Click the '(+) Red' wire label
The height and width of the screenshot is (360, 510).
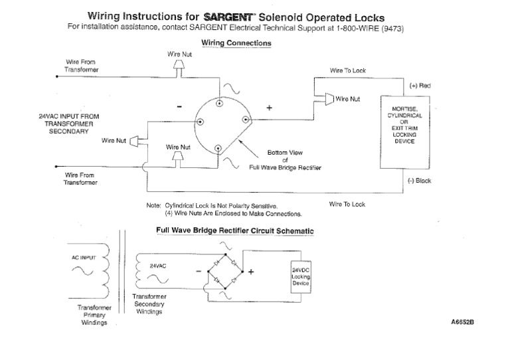420,86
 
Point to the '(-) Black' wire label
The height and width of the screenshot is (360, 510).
420,181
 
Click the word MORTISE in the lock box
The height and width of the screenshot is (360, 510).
404,108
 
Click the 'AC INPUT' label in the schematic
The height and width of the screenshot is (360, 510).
84,256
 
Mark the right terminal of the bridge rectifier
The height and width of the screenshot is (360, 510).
245,120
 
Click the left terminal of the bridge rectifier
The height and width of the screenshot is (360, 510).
200,122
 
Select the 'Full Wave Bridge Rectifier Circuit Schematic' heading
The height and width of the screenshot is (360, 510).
234,230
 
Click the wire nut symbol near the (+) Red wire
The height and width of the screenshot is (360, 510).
329,99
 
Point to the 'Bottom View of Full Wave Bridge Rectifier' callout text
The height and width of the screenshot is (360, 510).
286,160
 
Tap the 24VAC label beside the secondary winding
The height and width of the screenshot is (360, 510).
158,264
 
